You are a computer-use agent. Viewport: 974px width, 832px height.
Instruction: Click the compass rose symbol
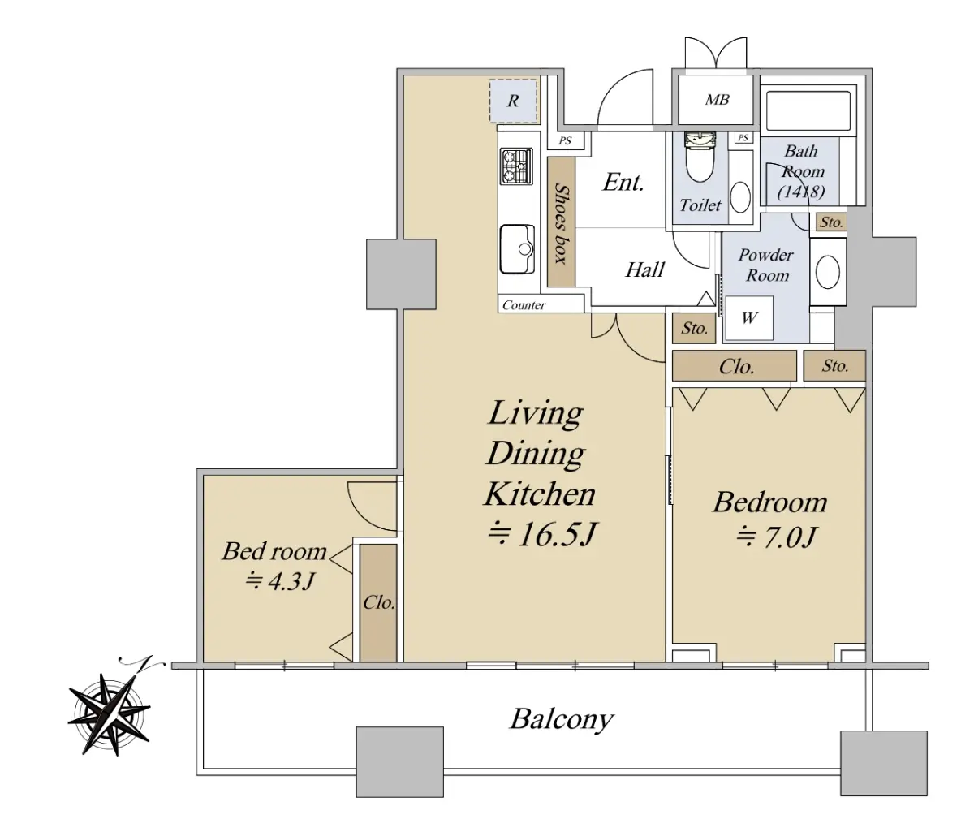click(x=110, y=714)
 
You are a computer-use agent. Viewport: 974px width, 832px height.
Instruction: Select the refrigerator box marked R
click(x=513, y=101)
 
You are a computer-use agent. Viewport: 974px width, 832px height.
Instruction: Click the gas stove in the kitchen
click(x=516, y=166)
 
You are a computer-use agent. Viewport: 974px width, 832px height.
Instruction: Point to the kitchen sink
click(x=517, y=248)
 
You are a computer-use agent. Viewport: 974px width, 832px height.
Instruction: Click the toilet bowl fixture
click(x=700, y=157)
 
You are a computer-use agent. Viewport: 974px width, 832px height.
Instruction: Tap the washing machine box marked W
click(x=748, y=318)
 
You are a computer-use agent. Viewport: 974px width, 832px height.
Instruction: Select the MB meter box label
click(x=718, y=99)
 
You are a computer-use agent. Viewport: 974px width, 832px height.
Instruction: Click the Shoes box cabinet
click(x=561, y=222)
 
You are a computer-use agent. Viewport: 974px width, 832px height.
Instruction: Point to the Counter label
click(x=524, y=305)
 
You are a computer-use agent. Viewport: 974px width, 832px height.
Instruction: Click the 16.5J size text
click(x=542, y=535)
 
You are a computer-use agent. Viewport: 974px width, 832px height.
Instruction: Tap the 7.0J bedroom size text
click(x=776, y=537)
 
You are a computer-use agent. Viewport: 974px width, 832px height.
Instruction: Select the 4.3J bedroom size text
click(x=280, y=581)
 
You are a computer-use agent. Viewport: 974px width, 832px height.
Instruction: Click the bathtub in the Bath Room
click(x=808, y=111)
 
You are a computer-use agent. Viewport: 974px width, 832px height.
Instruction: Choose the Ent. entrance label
click(x=623, y=182)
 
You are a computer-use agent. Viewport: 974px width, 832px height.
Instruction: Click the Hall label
click(x=644, y=270)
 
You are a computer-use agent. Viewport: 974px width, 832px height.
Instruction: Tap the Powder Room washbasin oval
click(x=828, y=272)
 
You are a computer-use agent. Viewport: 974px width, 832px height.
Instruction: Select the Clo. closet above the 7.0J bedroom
click(x=735, y=366)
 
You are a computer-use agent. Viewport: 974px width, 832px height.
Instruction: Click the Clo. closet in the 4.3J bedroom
click(x=378, y=602)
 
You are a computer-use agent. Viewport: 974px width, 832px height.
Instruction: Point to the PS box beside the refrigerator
click(x=566, y=140)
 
